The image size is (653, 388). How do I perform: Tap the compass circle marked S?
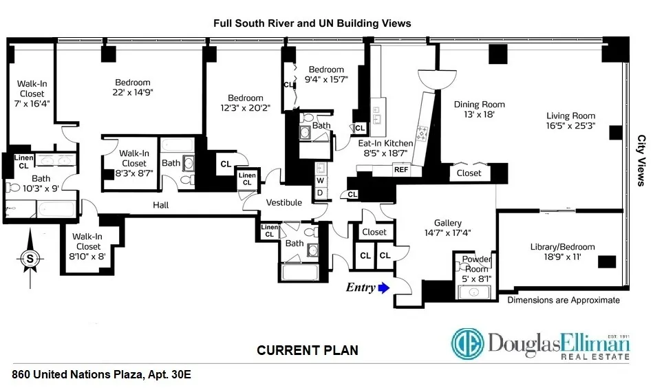[x=30, y=259]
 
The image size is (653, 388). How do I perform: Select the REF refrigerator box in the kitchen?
[x=401, y=169]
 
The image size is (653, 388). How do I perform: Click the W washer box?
[x=320, y=181]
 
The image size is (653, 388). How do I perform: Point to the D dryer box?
[x=320, y=192]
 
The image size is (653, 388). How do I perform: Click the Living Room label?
[x=570, y=116]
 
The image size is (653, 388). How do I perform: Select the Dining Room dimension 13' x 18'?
[x=479, y=116]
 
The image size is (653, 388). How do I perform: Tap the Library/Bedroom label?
[x=562, y=247]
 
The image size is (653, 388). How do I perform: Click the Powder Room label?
[x=476, y=263]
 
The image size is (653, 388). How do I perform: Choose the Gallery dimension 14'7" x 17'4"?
[x=447, y=234]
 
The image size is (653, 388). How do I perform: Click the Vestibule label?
[x=284, y=202]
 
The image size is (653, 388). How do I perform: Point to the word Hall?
[x=160, y=205]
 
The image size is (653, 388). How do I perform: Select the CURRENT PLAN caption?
[x=307, y=350]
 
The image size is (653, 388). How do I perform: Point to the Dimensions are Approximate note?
[x=563, y=300]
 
